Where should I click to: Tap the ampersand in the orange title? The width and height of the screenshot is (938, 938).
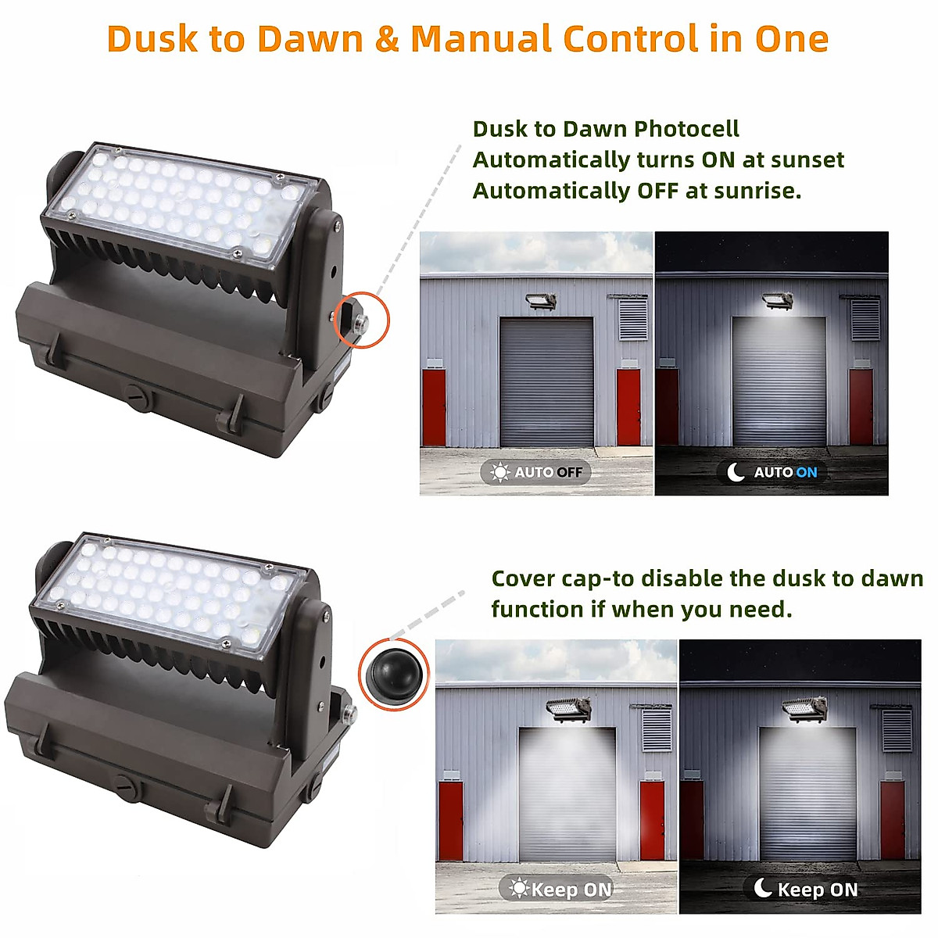tap(386, 39)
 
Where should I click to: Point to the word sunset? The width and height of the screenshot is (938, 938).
tap(807, 160)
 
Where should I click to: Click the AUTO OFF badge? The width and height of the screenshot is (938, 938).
tap(536, 472)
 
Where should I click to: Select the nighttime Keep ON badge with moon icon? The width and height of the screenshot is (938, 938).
tap(805, 889)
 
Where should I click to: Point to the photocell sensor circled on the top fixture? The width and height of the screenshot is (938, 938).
tap(360, 320)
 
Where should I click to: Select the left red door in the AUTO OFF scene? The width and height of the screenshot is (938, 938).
tap(434, 407)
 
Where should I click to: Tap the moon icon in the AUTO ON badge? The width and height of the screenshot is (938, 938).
tap(736, 472)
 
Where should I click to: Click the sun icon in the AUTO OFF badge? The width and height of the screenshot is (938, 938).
tap(499, 472)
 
